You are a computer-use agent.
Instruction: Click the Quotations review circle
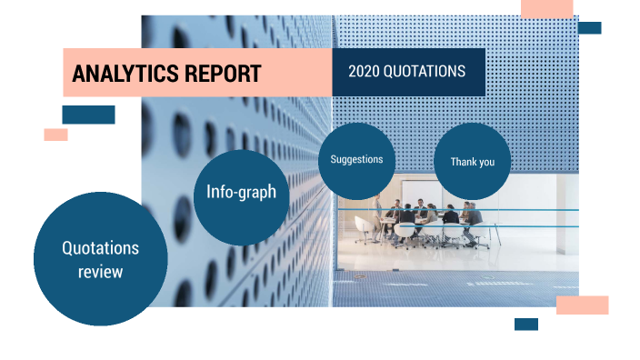[100, 259]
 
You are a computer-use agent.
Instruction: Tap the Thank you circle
[473, 161]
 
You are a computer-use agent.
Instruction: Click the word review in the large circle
[100, 271]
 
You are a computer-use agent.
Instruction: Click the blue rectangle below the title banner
[88, 115]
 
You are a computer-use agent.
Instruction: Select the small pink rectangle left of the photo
[55, 135]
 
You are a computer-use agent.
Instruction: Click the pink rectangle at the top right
[546, 8]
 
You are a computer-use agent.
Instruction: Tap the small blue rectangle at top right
[589, 28]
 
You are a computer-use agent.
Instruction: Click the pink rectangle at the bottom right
[582, 305]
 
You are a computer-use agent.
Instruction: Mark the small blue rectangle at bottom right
[525, 324]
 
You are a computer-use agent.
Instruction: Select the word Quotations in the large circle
[100, 247]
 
